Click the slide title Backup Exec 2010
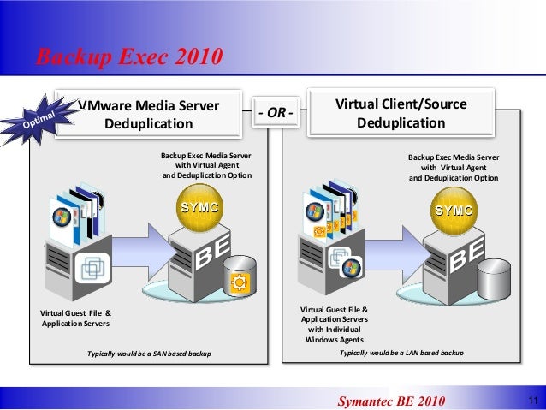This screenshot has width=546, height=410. click(x=128, y=58)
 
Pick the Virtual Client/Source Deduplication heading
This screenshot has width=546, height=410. click(x=400, y=114)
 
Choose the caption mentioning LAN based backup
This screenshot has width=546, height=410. click(x=401, y=353)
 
